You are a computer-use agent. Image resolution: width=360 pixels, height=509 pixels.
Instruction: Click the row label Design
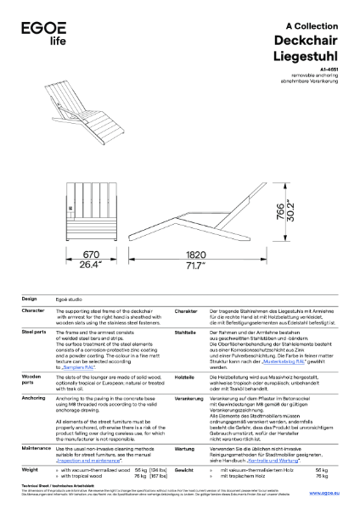point(29,299)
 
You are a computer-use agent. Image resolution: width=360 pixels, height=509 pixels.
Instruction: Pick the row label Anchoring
point(34,398)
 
